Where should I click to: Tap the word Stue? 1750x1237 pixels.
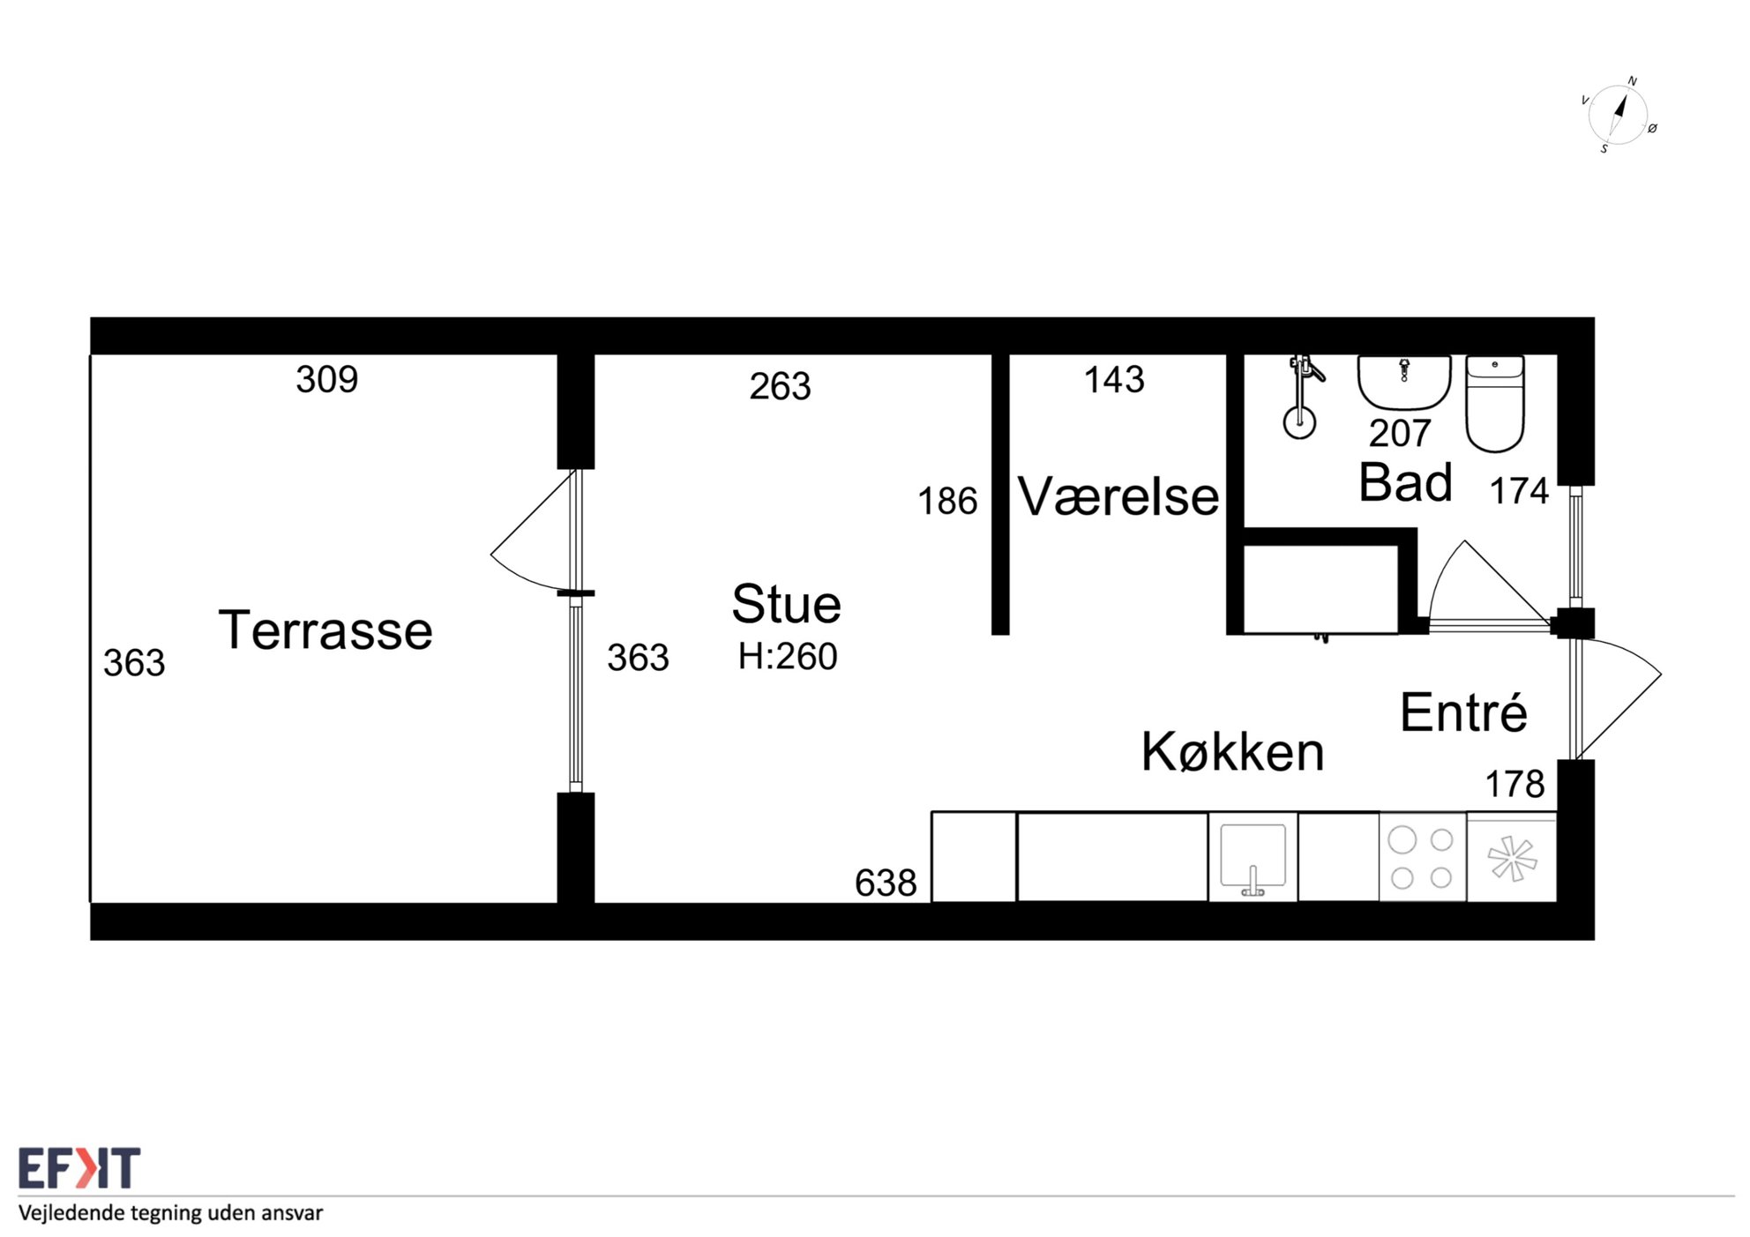786,604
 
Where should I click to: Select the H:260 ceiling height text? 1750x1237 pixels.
788,656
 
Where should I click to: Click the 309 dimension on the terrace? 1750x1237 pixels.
326,380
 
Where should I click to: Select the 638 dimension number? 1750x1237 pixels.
886,883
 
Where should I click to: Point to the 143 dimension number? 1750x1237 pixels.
1114,380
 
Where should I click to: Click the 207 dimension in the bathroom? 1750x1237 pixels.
1400,433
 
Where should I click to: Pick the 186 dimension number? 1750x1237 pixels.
947,501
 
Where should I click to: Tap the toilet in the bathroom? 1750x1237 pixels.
1495,403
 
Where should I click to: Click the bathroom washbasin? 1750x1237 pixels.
1404,382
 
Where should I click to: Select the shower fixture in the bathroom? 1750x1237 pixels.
1302,396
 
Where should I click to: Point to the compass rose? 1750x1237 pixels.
1619,115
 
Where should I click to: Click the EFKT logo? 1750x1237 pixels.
79,1168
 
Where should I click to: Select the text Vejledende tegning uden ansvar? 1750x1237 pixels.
171,1213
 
